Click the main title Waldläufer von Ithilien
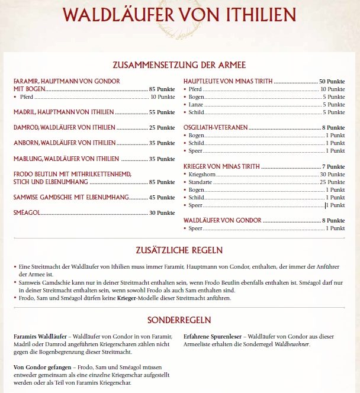pos(179,14)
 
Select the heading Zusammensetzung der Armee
pos(179,65)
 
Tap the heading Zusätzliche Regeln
pos(179,250)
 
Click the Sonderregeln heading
pos(179,320)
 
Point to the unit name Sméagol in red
pos(27,212)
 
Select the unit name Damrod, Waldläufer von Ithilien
pos(64,127)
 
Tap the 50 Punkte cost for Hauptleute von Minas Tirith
pos(332,81)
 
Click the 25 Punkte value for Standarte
pos(332,182)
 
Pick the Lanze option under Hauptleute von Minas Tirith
pos(197,104)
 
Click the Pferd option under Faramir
pos(26,96)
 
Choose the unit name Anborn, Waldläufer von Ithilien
pos(63,143)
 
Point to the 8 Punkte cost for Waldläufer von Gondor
pos(333,220)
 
